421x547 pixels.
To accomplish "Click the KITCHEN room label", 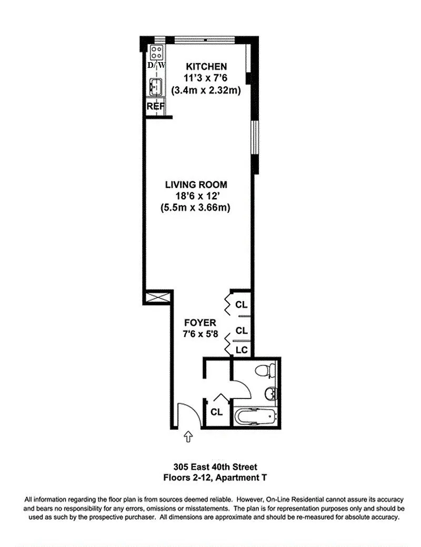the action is point(206,66).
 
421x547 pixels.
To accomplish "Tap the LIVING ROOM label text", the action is point(196,185).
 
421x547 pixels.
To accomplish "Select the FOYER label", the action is point(200,323).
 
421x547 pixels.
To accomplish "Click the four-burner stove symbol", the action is point(156,52).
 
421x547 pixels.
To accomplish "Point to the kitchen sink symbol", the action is point(156,87).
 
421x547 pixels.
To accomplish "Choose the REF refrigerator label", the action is point(155,106).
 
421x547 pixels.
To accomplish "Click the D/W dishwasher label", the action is point(156,65).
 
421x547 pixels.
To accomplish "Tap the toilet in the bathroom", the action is point(265,370).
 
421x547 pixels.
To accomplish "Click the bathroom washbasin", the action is point(271,394).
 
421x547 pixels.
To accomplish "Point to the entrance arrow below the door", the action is point(188,436).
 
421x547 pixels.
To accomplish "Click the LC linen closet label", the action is point(242,350).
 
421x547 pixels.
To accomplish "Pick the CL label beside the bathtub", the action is point(216,412).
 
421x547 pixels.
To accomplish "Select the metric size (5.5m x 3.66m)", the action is point(195,208).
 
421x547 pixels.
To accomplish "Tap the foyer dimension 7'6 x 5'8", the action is point(200,334).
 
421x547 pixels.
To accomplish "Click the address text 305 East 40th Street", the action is point(215,467).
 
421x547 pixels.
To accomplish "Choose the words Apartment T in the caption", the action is point(241,478).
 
